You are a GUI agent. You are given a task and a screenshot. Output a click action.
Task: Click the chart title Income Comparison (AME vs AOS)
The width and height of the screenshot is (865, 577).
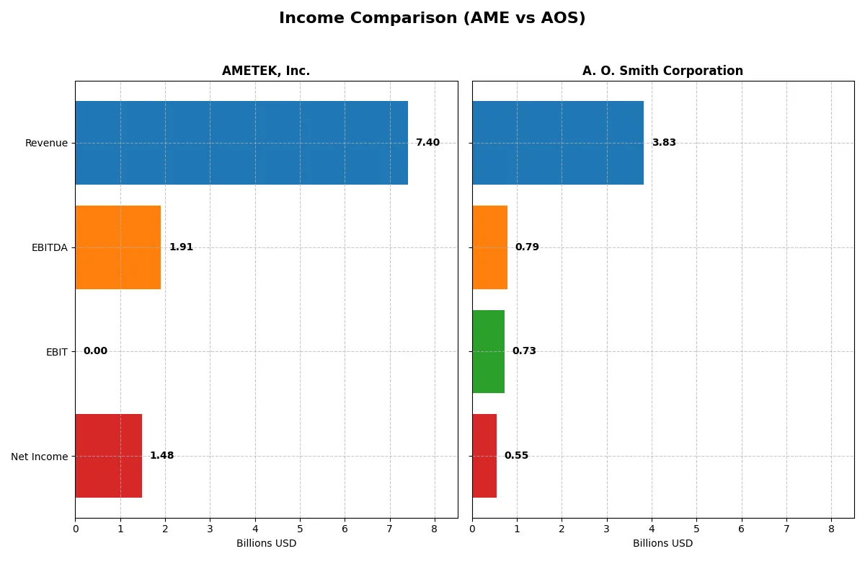(x=432, y=19)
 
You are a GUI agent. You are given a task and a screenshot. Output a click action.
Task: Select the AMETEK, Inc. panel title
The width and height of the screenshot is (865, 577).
(x=266, y=71)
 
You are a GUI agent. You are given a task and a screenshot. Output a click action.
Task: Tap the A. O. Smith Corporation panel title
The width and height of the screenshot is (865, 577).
(x=662, y=71)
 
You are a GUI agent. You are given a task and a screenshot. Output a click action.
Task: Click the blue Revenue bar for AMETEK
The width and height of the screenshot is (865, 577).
(x=241, y=143)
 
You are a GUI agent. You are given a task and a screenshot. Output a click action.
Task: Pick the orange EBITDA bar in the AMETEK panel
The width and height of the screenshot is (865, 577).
(x=118, y=247)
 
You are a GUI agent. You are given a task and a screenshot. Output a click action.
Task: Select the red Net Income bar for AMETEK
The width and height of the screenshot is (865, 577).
(x=109, y=456)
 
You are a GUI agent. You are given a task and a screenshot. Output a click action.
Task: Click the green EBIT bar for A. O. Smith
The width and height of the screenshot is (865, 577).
(x=488, y=351)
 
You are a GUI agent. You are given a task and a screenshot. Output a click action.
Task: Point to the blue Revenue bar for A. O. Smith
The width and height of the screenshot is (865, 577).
(x=558, y=143)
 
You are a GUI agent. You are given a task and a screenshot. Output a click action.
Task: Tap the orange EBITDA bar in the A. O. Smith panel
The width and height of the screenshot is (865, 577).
(x=489, y=247)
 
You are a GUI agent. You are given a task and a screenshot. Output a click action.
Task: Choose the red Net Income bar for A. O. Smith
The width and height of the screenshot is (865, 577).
(x=484, y=456)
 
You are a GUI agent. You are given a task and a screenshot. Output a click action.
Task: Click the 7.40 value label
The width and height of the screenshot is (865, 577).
(x=427, y=143)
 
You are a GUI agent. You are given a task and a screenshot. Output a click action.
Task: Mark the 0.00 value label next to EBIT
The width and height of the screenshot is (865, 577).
(x=95, y=351)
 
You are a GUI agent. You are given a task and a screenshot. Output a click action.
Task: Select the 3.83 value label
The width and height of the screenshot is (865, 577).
(x=664, y=143)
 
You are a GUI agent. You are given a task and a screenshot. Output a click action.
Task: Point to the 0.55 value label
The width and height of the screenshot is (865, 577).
(x=516, y=456)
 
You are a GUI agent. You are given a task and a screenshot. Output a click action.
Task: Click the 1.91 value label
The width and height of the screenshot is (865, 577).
(x=181, y=247)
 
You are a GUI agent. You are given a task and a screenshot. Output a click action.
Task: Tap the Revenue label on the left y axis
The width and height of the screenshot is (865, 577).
(x=46, y=143)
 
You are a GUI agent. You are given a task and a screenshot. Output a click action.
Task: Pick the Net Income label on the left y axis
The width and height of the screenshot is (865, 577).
(x=40, y=457)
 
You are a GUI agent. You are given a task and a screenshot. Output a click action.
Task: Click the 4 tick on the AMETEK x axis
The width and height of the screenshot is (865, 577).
(x=255, y=529)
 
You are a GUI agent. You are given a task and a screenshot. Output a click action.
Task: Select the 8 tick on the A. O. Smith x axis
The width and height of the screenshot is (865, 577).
(x=831, y=529)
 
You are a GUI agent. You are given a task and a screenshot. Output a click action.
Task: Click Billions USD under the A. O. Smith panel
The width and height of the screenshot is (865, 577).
(x=662, y=544)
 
